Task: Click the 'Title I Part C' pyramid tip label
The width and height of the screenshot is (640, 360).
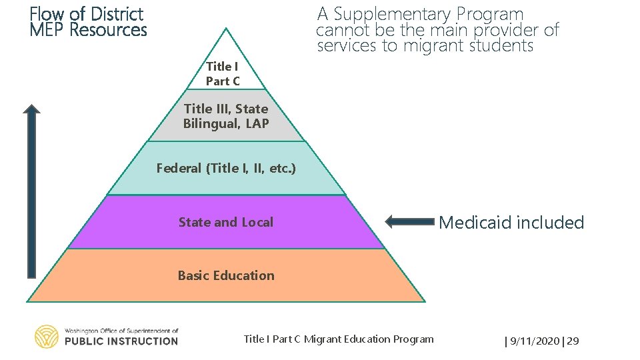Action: tap(223, 74)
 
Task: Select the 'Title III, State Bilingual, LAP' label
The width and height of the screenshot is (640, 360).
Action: tap(226, 116)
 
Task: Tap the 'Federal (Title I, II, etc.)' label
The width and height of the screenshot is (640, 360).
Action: tap(226, 168)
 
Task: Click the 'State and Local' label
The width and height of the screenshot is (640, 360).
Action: tap(226, 222)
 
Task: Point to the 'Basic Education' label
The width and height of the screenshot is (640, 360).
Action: tap(226, 275)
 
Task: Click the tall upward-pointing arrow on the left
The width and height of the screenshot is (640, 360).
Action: tap(31, 190)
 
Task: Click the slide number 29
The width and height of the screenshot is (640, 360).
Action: tap(573, 341)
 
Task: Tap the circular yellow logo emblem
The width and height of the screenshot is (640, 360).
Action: tap(47, 337)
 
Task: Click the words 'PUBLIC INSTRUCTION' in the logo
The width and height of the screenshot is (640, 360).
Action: tap(121, 341)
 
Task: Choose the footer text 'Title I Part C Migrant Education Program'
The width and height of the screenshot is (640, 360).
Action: tap(339, 339)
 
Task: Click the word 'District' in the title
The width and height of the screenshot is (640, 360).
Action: tap(117, 14)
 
